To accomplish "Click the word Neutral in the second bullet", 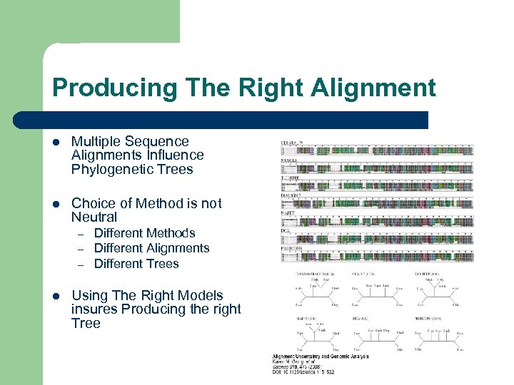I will pyautogui.click(x=94, y=217).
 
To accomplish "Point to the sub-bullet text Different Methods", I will pyautogui.click(x=144, y=233).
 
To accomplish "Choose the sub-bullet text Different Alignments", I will pyautogui.click(x=151, y=248).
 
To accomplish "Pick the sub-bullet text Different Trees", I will pyautogui.click(x=136, y=263).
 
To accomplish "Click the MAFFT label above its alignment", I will pyautogui.click(x=289, y=212).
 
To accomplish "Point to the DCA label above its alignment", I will pyautogui.click(x=286, y=230).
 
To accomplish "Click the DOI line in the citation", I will pyautogui.click(x=303, y=371).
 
